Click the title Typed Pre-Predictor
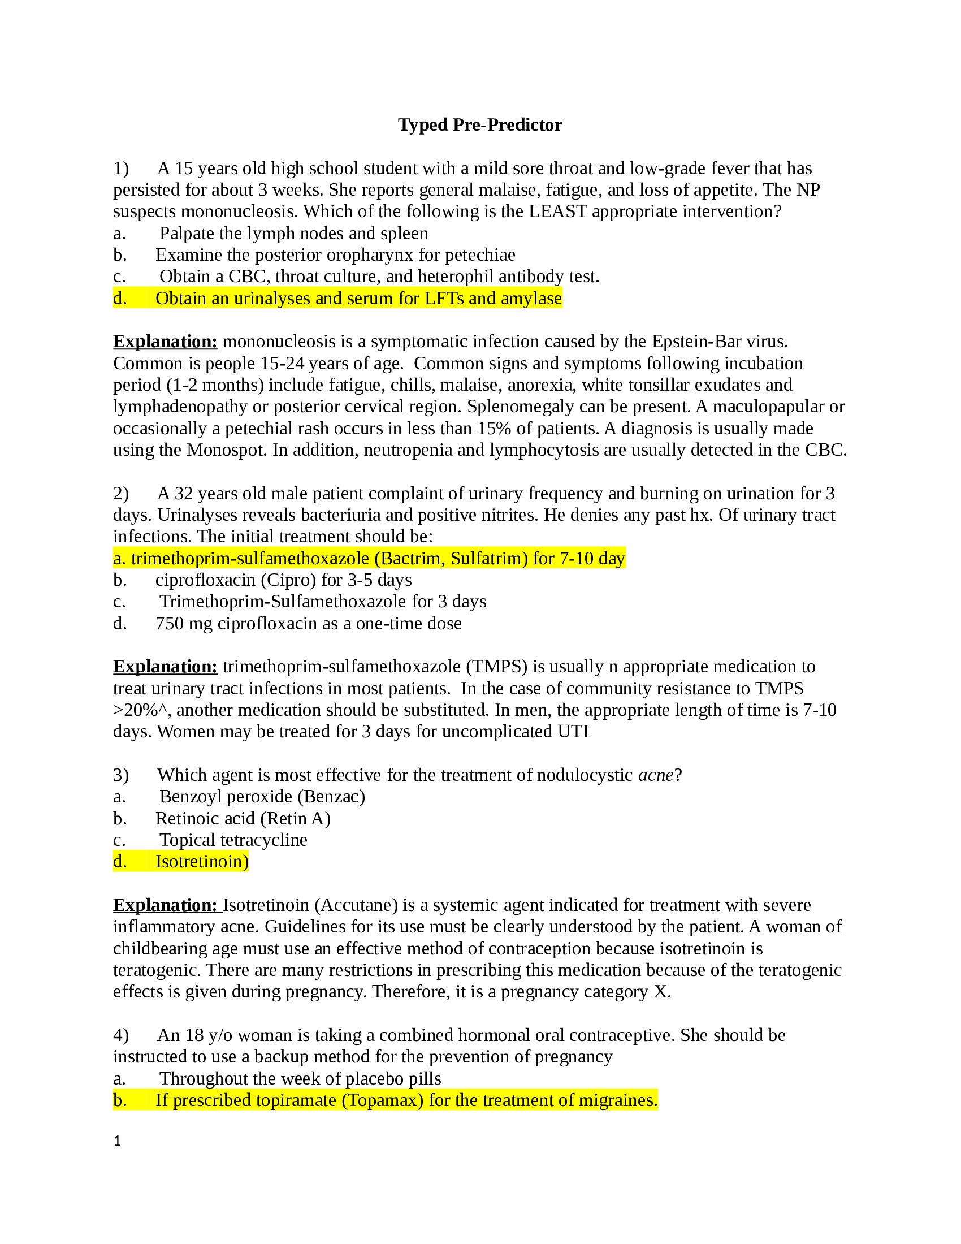[480, 125]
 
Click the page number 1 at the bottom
[117, 1141]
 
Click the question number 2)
[121, 493]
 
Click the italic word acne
[655, 775]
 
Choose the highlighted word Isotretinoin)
[202, 862]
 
